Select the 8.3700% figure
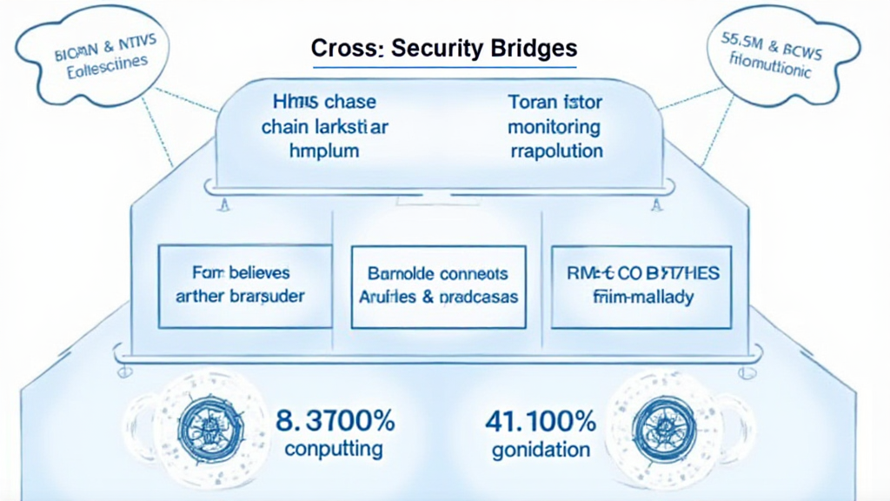tap(335, 423)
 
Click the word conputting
tap(335, 450)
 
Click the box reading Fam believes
tap(241, 285)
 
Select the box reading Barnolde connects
tap(438, 285)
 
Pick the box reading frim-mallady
tap(636, 285)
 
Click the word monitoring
tap(554, 127)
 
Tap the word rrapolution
tap(554, 150)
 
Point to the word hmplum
tap(322, 150)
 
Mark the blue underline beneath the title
tap(444, 67)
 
